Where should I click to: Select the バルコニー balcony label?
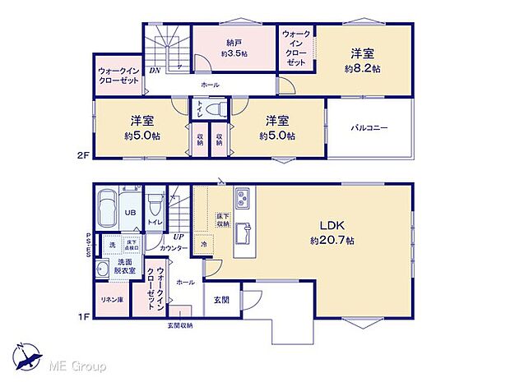click(369, 127)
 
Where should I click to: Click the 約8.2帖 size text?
click(363, 70)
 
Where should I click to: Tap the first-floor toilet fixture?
click(155, 205)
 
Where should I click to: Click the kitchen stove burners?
click(244, 198)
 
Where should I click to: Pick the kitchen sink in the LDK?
click(243, 232)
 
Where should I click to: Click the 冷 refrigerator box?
click(203, 243)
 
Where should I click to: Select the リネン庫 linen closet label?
click(112, 299)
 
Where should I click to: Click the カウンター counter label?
click(174, 246)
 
